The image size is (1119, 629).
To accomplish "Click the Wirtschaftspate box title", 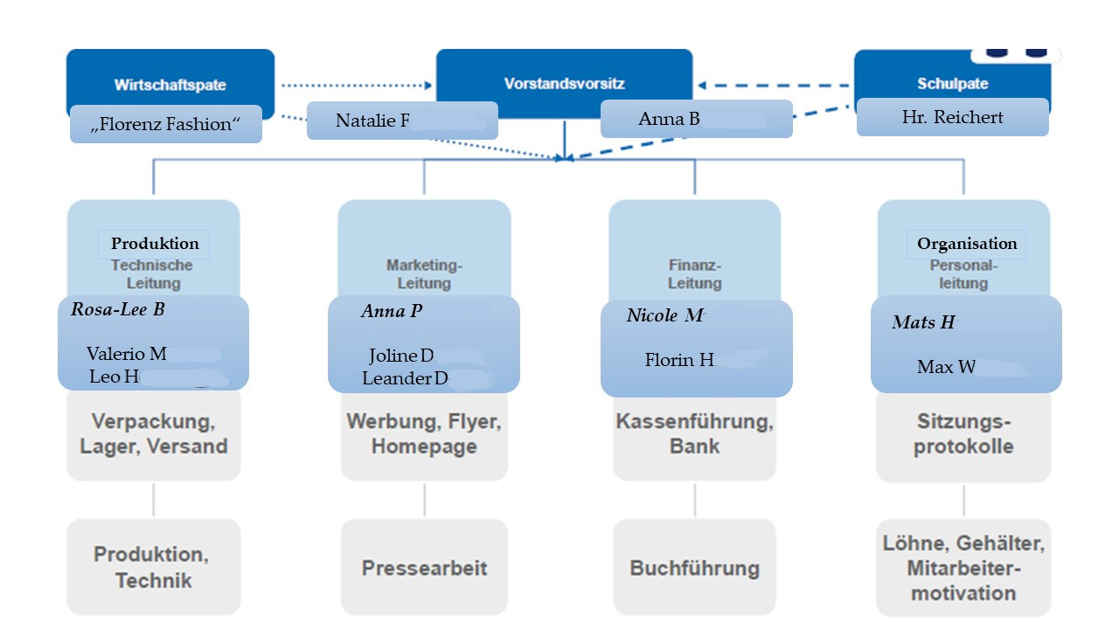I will [170, 85].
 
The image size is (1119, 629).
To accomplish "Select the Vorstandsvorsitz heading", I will [564, 84].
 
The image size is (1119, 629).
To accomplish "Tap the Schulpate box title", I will [952, 84].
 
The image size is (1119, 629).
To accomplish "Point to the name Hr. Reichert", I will [952, 117].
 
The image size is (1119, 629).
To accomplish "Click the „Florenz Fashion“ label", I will [165, 124].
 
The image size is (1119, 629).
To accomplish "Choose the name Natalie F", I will [372, 121].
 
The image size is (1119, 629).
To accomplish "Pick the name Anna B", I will [669, 119].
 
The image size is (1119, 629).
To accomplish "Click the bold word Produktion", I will [155, 244].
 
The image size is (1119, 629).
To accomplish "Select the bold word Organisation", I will [967, 244].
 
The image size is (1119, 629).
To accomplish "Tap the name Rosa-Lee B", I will [117, 309].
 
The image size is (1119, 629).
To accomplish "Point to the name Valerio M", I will [126, 354].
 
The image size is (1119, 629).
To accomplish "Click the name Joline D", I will [401, 356].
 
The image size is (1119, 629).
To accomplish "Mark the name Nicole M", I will [664, 315].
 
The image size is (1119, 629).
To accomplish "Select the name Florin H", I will [679, 360].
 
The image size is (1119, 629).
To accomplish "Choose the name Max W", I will [946, 367].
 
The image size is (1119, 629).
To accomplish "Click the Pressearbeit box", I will [424, 568].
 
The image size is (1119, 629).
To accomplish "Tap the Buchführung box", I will [694, 568].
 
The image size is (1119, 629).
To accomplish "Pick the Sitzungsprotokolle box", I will [963, 434].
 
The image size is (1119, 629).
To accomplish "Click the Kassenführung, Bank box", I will [694, 434].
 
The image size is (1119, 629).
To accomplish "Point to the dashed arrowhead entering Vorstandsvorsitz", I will [702, 86].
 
